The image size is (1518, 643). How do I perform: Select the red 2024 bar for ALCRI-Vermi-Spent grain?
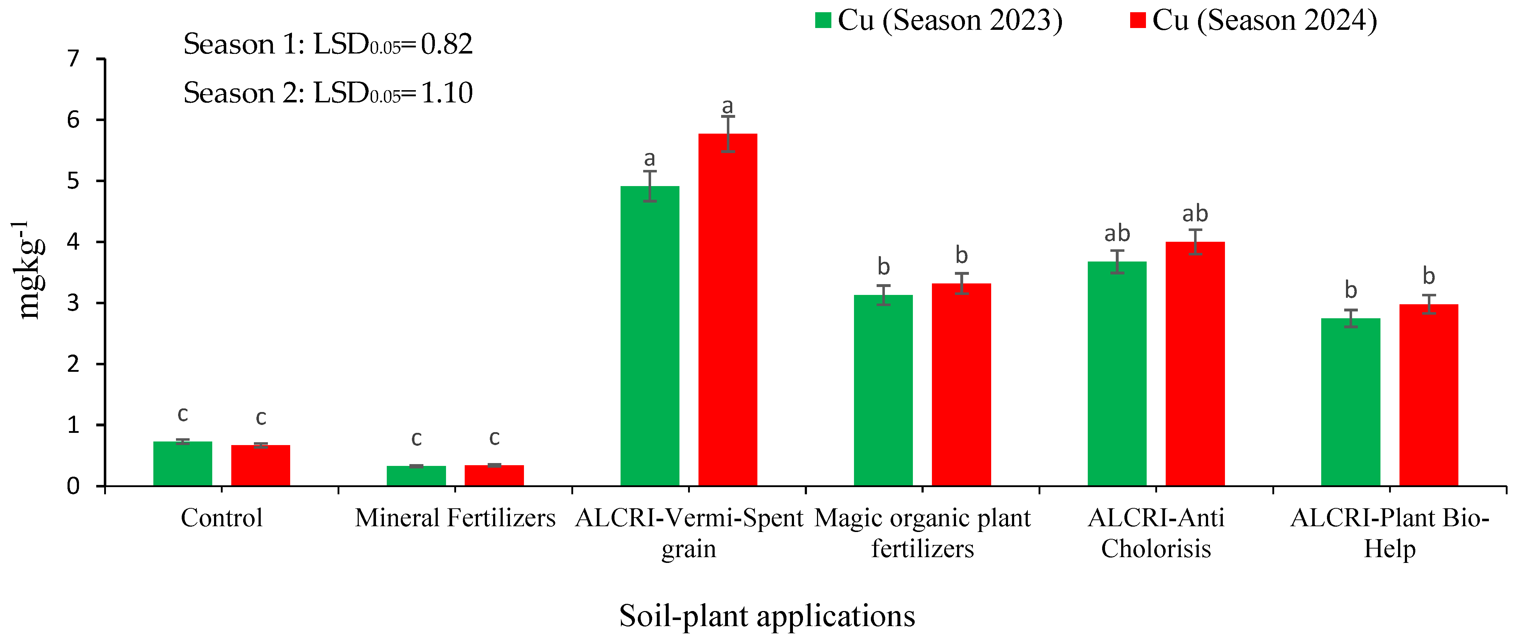pyautogui.click(x=728, y=309)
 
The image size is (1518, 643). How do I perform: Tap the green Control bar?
pyautogui.click(x=183, y=463)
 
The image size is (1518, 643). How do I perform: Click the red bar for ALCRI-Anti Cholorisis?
pyautogui.click(x=1195, y=364)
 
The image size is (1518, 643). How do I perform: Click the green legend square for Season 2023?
pyautogui.click(x=823, y=20)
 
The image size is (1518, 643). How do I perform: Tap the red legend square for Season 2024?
pyautogui.click(x=1137, y=20)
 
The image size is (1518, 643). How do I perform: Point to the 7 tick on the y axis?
pyautogui.click(x=73, y=59)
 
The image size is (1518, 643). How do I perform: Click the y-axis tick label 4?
pyautogui.click(x=73, y=242)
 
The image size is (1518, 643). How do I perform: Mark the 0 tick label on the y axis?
pyautogui.click(x=73, y=486)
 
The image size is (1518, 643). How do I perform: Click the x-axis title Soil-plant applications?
pyautogui.click(x=767, y=616)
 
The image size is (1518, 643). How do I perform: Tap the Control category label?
pyautogui.click(x=222, y=518)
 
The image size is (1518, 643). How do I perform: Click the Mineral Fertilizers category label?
pyautogui.click(x=455, y=518)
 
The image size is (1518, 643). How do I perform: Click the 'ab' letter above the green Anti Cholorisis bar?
pyautogui.click(x=1117, y=233)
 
